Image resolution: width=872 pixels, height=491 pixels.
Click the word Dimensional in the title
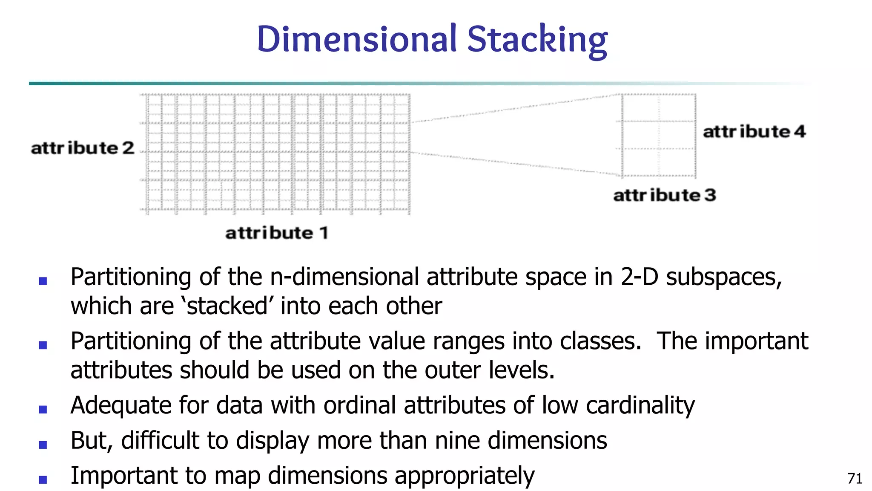357,39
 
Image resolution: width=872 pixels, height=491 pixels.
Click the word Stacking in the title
537,39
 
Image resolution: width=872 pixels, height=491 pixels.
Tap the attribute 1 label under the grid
277,233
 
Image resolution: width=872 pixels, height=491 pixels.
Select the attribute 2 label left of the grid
83,148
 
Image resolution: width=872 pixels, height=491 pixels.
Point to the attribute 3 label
665,195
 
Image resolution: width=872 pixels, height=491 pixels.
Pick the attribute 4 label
754,131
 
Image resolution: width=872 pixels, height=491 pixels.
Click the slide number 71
855,479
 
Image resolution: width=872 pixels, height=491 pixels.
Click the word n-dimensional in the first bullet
345,277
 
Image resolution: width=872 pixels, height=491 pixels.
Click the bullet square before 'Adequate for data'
43,410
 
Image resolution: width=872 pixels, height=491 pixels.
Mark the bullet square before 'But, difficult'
43,445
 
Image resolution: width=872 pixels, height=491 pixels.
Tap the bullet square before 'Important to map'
43,480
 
